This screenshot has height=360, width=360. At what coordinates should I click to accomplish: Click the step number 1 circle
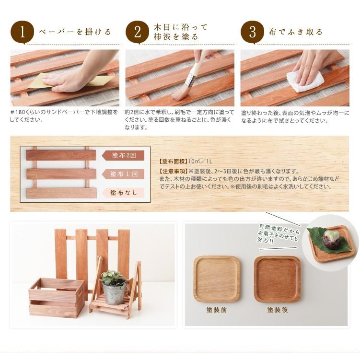coord(22,33)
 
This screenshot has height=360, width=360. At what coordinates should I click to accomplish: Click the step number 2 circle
coord(138,33)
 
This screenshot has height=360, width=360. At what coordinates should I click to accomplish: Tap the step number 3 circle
coord(253,33)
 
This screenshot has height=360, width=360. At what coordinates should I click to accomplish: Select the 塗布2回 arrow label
coord(124,155)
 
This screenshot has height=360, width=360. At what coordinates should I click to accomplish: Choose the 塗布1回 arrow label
coord(124,174)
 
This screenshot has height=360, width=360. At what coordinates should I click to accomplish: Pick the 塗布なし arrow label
coord(124,193)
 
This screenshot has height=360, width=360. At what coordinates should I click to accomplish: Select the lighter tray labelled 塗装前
coord(217,279)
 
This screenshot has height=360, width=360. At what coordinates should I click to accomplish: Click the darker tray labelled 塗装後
coord(277,279)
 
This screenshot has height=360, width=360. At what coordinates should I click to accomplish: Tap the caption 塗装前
coord(217,310)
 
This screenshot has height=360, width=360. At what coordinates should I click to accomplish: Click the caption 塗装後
coord(278,310)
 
